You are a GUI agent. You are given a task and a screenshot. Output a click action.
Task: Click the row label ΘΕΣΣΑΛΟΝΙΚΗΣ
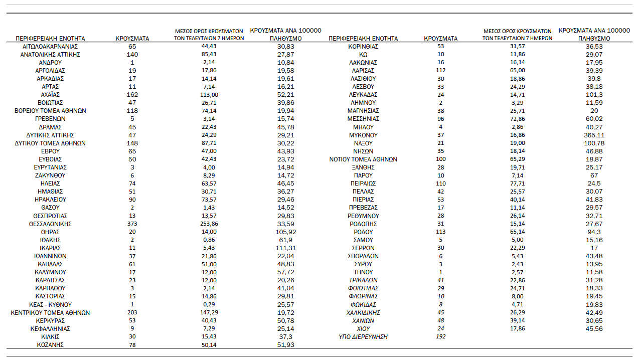50,224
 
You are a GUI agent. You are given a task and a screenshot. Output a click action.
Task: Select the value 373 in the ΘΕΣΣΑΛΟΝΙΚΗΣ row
132,224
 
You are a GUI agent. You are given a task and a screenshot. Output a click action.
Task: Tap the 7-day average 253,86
205,224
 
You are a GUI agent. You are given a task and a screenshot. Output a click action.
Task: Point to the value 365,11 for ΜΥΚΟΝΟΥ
594,135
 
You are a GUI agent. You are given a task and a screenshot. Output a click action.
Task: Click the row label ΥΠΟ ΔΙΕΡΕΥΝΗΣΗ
363,337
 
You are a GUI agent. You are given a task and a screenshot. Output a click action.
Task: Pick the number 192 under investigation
441,337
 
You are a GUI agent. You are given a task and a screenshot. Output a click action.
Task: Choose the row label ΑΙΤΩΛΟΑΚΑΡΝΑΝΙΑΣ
50,46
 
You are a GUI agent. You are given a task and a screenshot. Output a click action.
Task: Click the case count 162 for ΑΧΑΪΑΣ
132,95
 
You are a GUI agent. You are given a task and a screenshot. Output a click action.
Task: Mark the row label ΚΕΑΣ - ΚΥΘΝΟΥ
50,304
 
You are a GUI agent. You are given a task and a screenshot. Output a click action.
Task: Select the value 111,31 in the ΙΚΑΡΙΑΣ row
286,248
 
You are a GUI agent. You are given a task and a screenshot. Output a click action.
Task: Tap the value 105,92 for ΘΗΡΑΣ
286,232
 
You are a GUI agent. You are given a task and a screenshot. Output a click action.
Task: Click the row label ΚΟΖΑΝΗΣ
50,345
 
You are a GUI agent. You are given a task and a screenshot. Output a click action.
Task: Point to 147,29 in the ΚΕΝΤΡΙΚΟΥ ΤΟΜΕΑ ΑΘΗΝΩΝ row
205,312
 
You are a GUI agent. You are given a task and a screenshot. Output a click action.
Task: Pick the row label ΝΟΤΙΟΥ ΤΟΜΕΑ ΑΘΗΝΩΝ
363,159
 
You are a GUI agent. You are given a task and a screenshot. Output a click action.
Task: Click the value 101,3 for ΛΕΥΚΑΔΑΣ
594,95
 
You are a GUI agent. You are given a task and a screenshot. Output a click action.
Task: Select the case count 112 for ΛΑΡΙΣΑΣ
441,70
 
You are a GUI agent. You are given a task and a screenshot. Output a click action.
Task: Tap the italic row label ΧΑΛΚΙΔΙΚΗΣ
363,312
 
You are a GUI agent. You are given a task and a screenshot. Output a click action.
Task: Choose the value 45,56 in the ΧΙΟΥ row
594,329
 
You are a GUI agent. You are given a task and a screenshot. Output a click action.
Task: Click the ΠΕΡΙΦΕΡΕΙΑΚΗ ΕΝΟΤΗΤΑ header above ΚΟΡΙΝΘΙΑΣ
363,38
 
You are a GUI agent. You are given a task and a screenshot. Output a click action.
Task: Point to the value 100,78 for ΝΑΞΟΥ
594,143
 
